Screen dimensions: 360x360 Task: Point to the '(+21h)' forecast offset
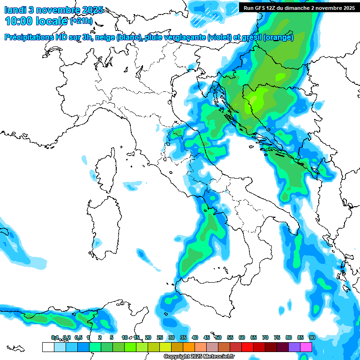pos(81,22)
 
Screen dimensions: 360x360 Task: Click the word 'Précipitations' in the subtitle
pos(28,37)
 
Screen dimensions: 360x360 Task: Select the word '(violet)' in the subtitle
pos(222,37)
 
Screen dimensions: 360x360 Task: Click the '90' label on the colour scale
pos(312,337)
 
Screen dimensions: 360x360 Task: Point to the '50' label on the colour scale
pos(218,337)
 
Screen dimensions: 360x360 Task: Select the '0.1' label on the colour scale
pos(54,337)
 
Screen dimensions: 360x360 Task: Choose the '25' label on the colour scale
pos(160,337)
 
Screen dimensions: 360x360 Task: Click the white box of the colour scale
pos(48,347)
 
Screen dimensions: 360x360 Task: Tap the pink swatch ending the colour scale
pos(306,347)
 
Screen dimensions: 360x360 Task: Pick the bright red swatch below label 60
pos(247,347)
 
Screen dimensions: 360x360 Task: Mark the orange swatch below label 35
pos(189,347)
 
